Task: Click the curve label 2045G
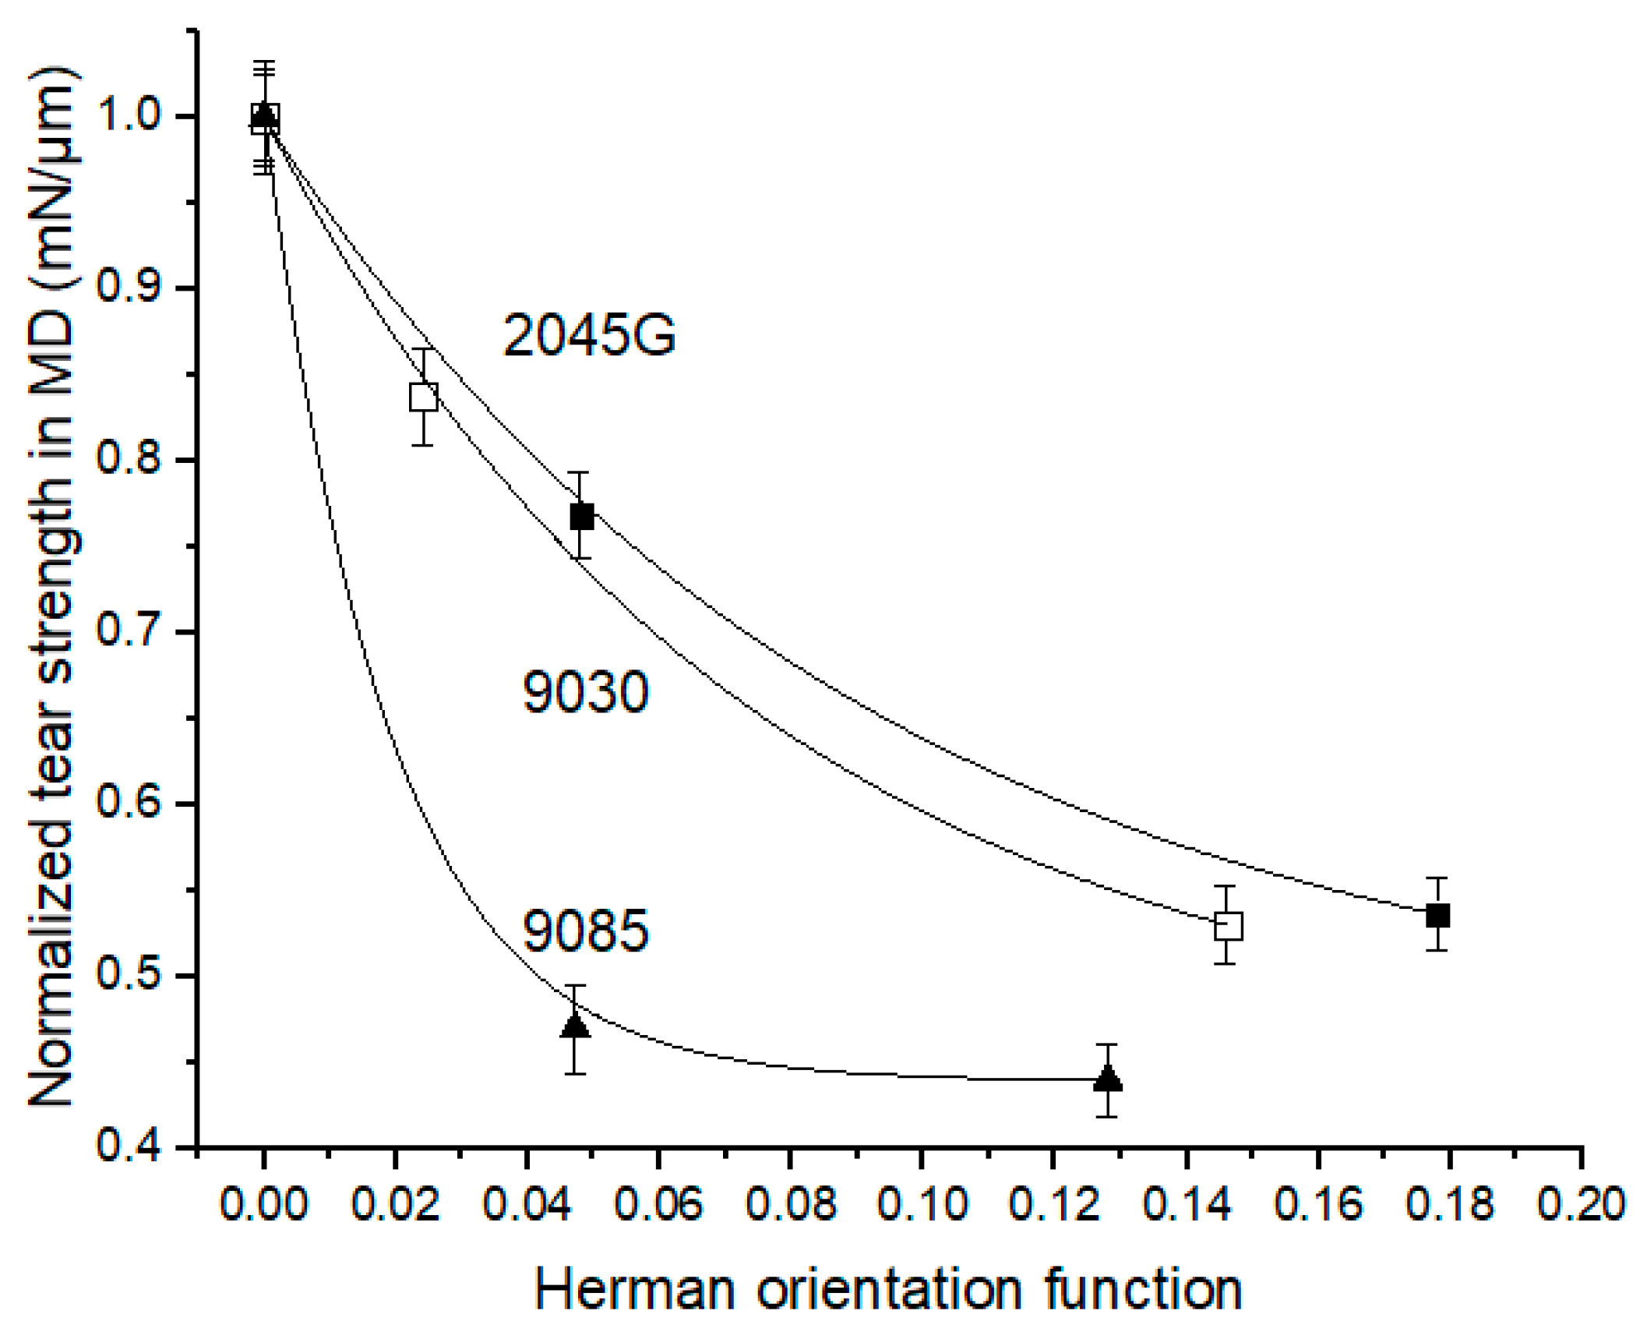589,336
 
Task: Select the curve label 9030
585,691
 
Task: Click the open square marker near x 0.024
424,397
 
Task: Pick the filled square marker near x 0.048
581,516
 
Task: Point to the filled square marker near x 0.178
1437,915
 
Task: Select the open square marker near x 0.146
1228,927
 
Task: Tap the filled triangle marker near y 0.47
575,1026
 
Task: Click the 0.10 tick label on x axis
922,1204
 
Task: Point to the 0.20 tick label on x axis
1581,1204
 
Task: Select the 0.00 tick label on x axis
264,1204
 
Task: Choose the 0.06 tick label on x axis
658,1204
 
